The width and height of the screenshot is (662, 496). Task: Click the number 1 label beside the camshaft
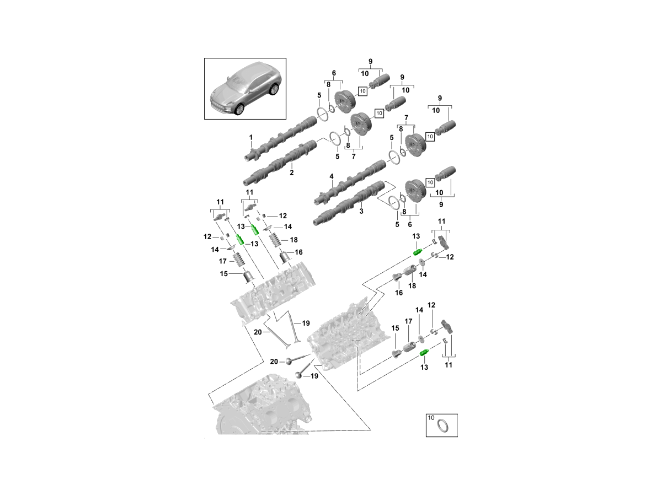point(250,137)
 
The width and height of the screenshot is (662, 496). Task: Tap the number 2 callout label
point(291,172)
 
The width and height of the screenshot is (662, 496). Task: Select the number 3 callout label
point(362,211)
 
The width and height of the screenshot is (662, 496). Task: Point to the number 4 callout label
point(332,176)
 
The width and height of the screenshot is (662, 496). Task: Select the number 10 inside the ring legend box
point(431,418)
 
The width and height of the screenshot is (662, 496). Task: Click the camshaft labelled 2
point(281,163)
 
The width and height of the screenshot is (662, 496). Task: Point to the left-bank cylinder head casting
point(273,292)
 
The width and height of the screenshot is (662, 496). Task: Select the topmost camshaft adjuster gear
point(346,99)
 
